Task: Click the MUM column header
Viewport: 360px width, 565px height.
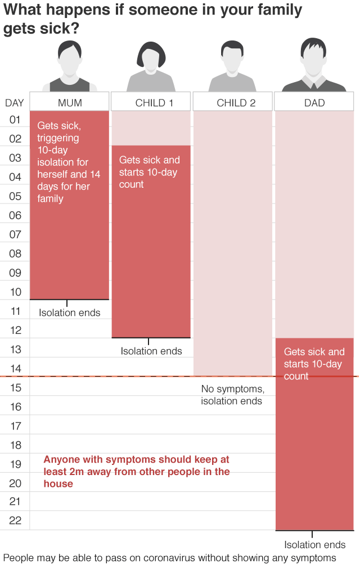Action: (70, 103)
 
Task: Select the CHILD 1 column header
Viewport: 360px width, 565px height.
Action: (151, 103)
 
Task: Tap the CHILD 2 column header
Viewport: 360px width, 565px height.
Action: (233, 103)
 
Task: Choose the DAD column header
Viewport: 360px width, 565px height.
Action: (314, 103)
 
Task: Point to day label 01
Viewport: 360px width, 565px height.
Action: (15, 120)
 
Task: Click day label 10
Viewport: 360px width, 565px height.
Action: (15, 292)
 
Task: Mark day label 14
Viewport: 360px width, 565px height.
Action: (15, 368)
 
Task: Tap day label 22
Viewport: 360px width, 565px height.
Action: (15, 521)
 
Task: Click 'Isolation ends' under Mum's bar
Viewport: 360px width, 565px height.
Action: (70, 313)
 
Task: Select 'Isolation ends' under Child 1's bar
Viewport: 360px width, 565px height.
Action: (151, 351)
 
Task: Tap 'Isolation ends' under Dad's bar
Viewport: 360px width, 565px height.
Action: (315, 545)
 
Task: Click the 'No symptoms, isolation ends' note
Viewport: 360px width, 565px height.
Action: (232, 395)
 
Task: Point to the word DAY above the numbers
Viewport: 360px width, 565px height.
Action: (15, 103)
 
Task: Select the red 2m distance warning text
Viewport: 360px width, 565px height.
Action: (137, 471)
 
